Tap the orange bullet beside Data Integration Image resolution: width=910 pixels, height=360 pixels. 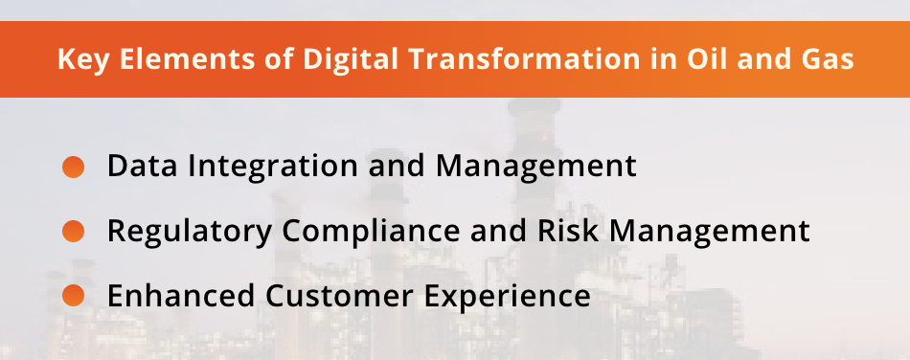point(74,167)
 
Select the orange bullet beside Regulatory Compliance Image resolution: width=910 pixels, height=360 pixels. point(74,232)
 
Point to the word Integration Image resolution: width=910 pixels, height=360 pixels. point(269,167)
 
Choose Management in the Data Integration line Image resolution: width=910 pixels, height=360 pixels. point(535,167)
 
